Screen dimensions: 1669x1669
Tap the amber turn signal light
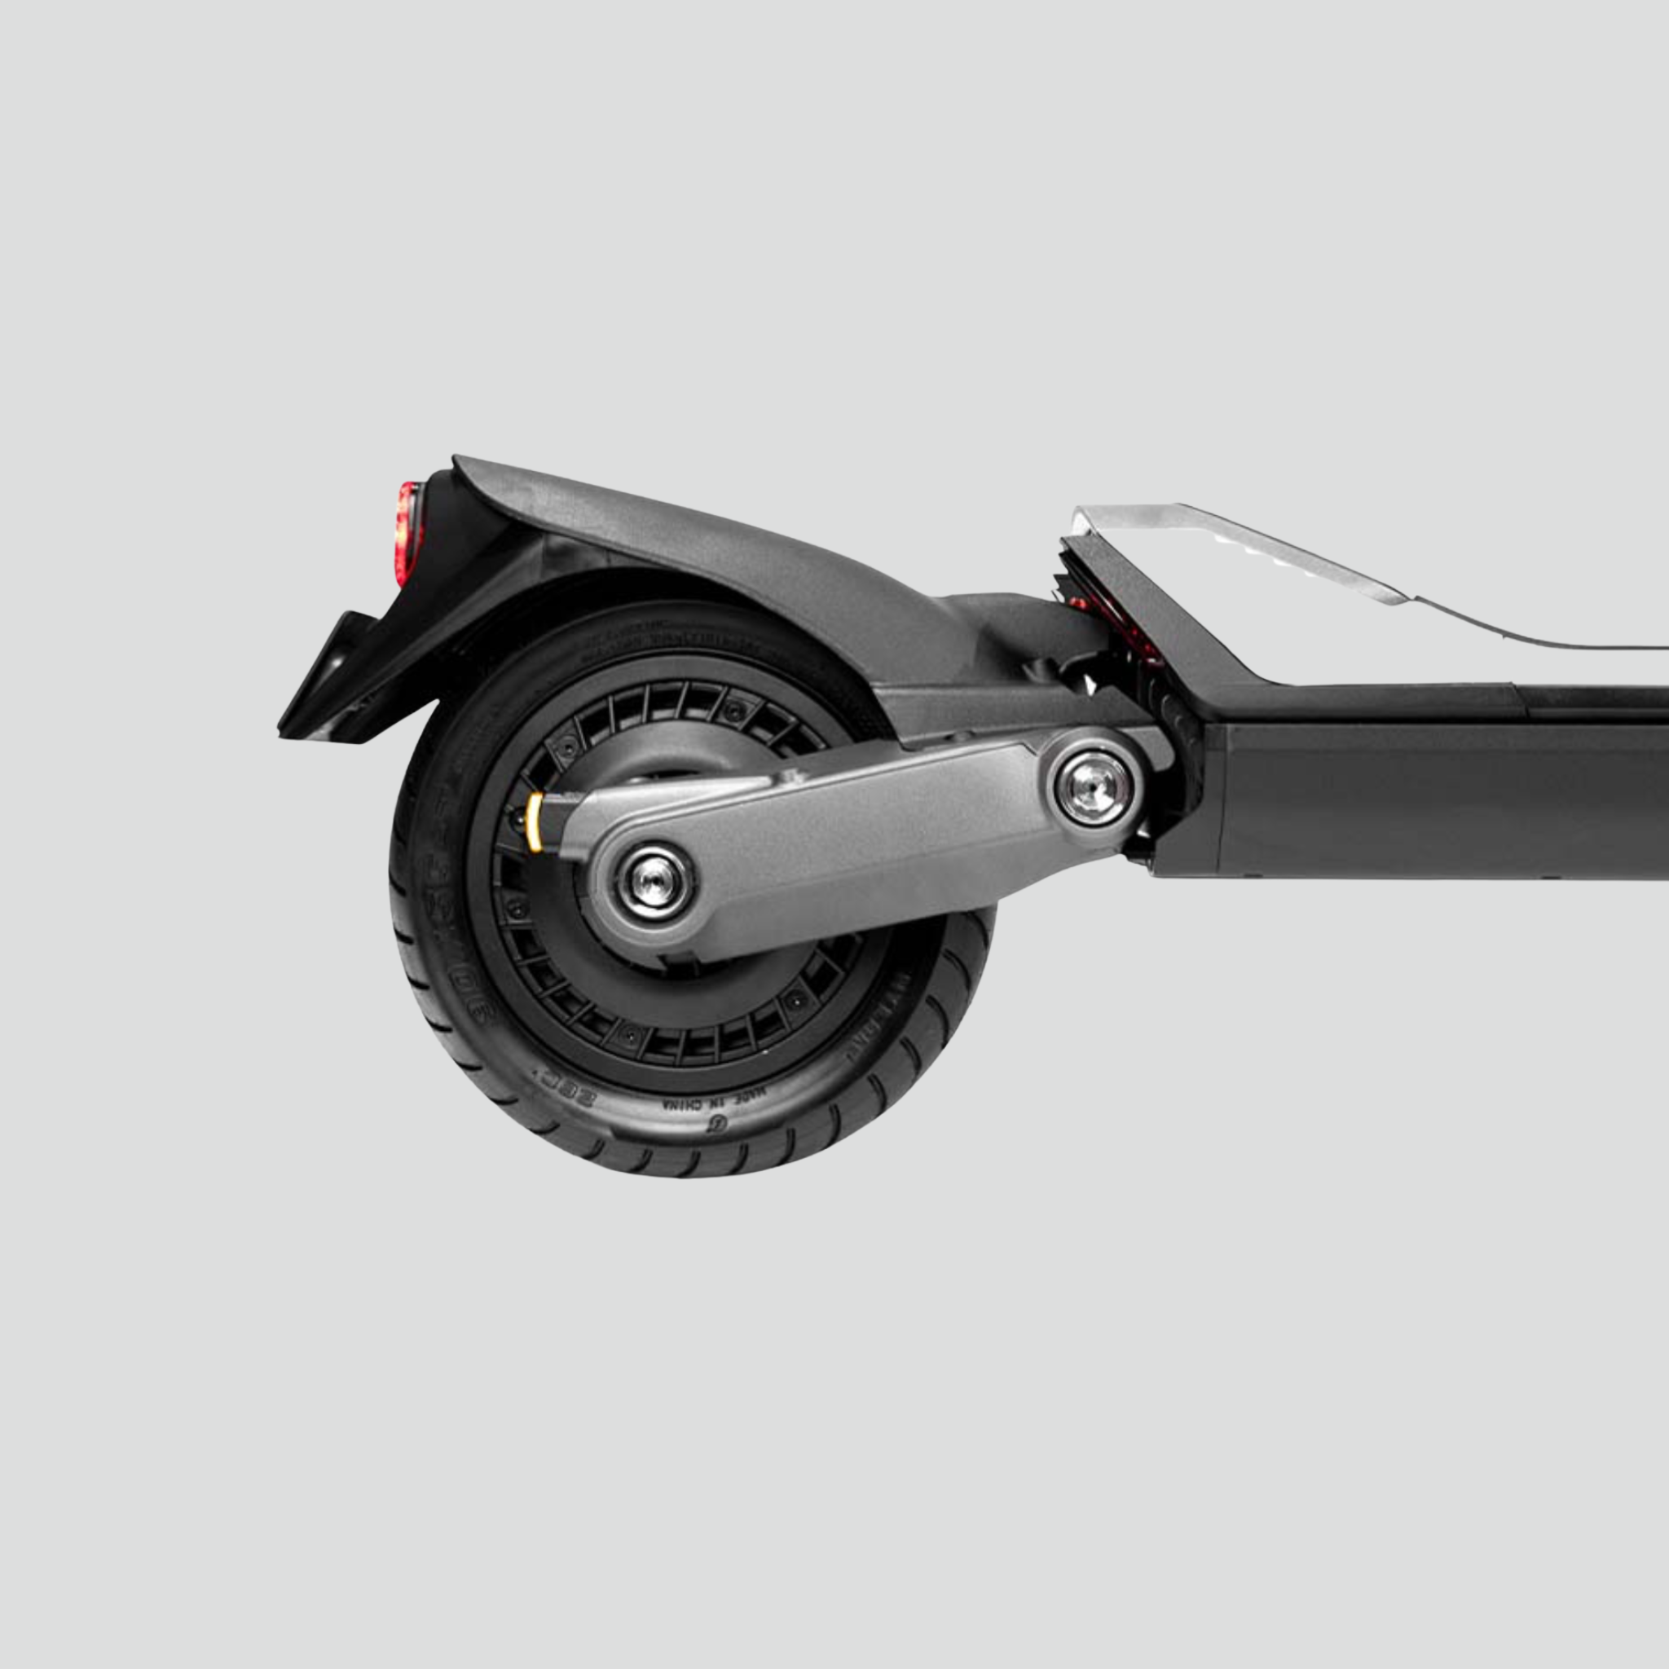click(x=535, y=821)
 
